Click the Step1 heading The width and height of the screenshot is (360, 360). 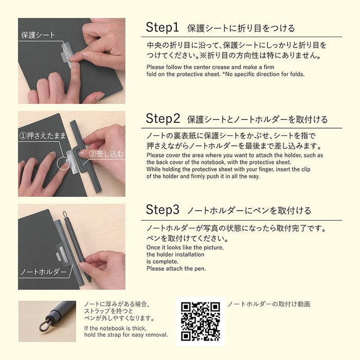164,27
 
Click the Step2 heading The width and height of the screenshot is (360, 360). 164,119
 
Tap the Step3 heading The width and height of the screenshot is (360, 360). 164,210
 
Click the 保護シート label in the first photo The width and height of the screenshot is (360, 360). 37,35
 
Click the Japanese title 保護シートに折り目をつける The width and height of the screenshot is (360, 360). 241,28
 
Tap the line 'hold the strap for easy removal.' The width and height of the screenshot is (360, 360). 125,335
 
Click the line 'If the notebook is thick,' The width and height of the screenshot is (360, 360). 115,328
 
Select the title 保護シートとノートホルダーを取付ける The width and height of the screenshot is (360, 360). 257,120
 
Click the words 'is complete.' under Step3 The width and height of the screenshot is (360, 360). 163,261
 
